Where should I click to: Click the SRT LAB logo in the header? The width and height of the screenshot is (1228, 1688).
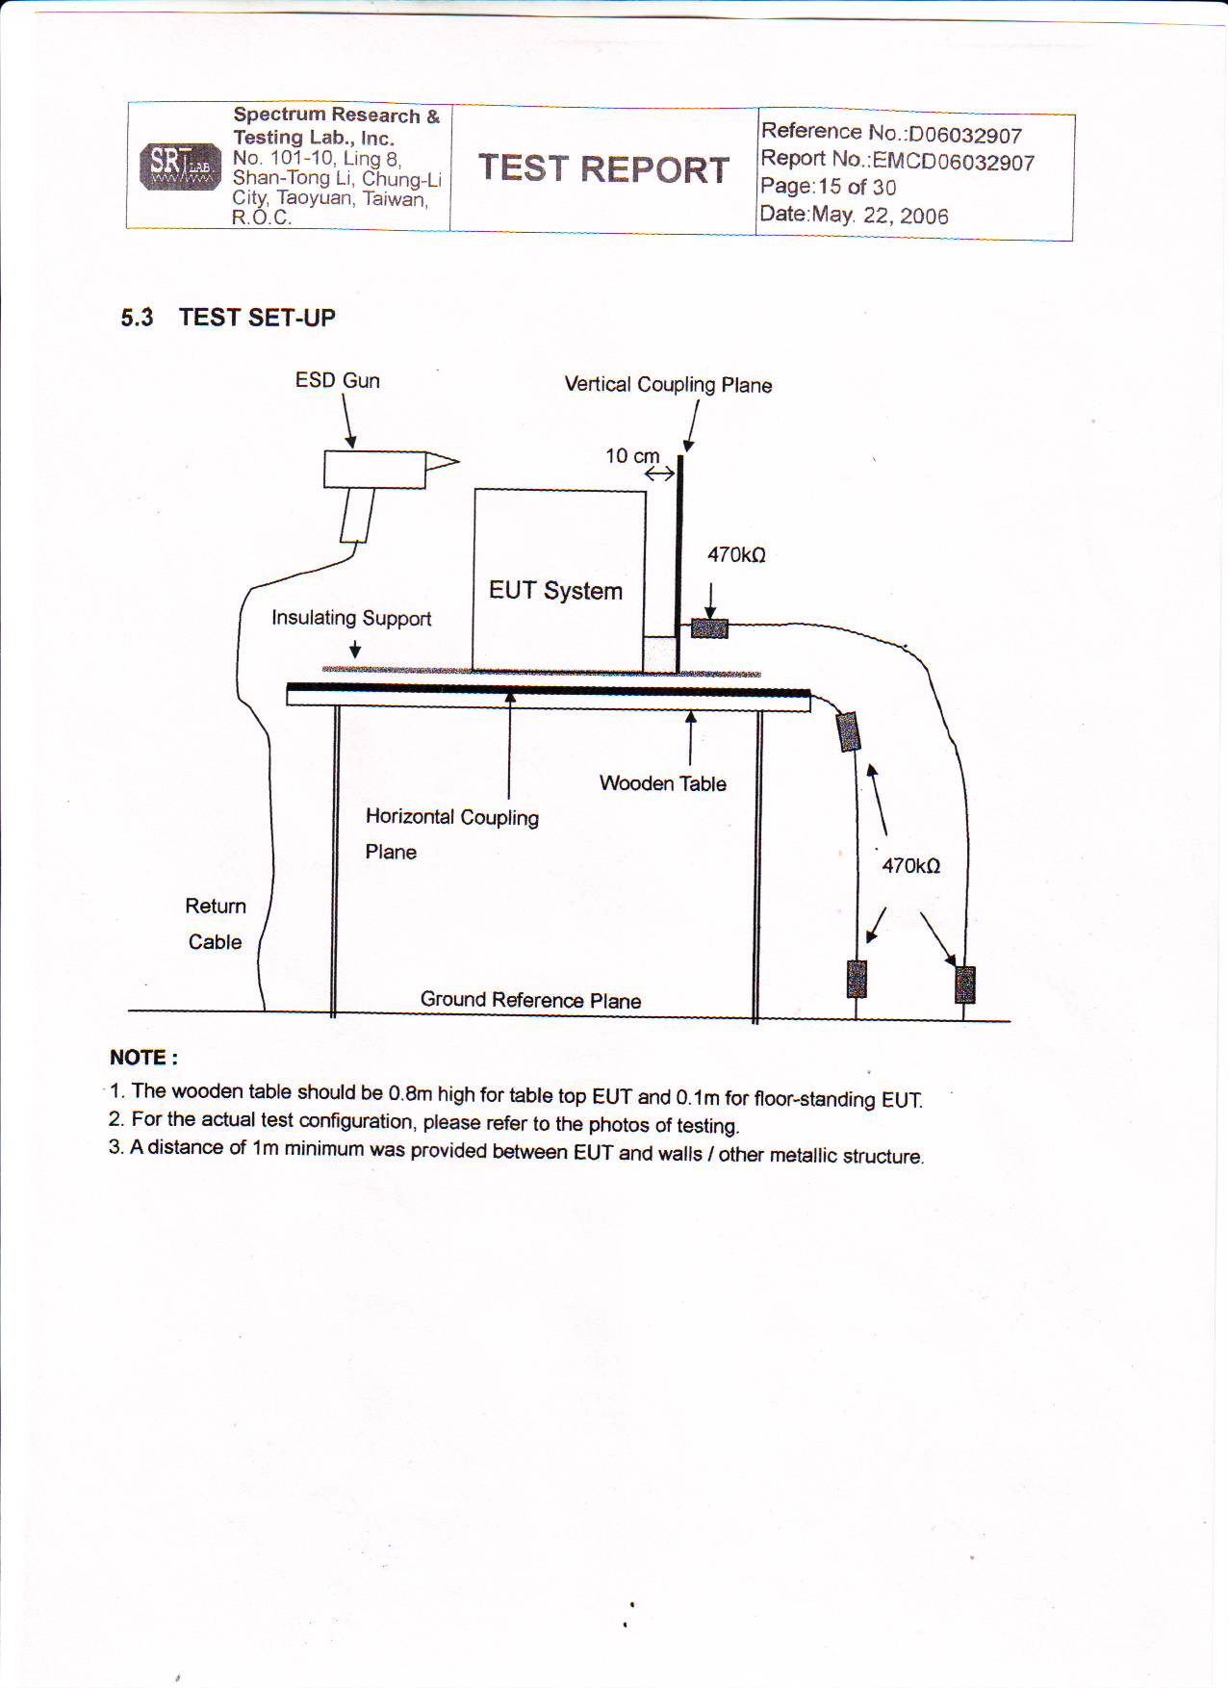[x=180, y=166]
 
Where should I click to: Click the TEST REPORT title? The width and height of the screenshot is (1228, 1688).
[x=603, y=168]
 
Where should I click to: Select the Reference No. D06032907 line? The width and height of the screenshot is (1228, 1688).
[x=891, y=133]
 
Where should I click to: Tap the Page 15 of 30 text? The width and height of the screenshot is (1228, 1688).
[x=828, y=187]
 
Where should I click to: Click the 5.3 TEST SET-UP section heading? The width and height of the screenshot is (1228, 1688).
[x=228, y=318]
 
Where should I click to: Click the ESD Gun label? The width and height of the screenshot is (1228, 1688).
[x=337, y=380]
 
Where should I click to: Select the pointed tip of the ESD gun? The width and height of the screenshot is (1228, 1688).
[x=455, y=462]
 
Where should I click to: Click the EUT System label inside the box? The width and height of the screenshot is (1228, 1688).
[x=555, y=590]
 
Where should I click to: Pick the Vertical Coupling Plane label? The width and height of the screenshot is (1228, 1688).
[x=668, y=384]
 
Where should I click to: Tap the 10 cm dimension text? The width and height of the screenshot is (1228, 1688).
[x=632, y=455]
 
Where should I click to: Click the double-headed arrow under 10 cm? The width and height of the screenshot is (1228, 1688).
[x=659, y=473]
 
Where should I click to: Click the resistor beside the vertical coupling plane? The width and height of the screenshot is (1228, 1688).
[x=710, y=628]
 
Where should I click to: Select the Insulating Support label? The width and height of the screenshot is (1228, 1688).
[x=350, y=618]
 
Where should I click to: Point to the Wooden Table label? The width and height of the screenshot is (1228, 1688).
[x=662, y=783]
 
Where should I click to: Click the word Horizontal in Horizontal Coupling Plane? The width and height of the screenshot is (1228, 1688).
[x=409, y=816]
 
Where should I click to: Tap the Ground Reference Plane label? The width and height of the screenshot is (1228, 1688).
[x=530, y=1000]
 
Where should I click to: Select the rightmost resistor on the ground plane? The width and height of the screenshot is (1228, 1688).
[x=964, y=985]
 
